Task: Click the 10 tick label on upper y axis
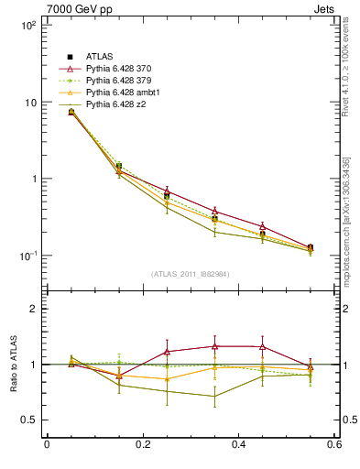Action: pos(30,103)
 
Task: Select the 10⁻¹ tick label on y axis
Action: pos(27,256)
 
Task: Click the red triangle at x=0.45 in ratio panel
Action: pos(263,347)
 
